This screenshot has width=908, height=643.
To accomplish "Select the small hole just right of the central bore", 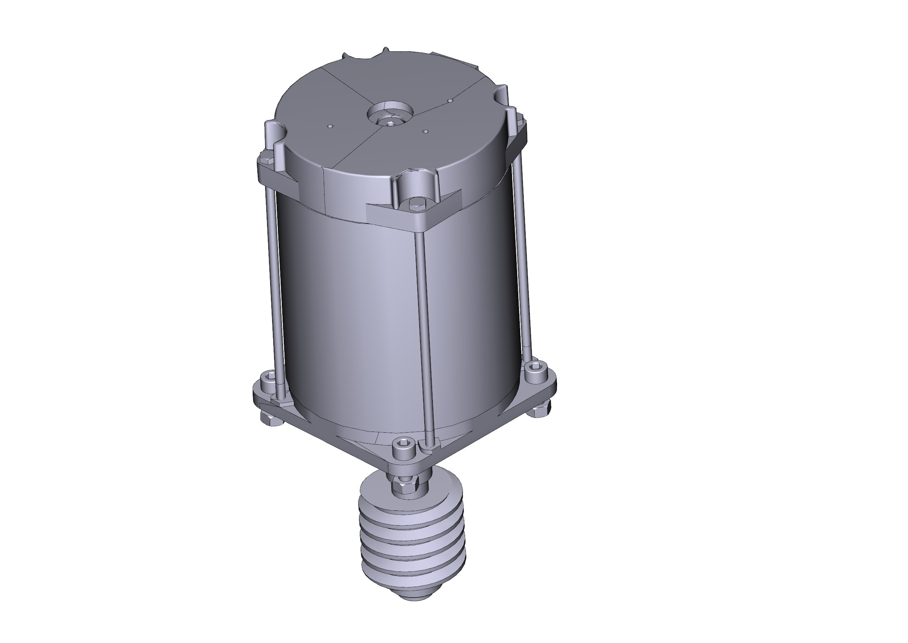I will (425, 131).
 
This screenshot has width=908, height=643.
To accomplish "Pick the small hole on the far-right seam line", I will (450, 101).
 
